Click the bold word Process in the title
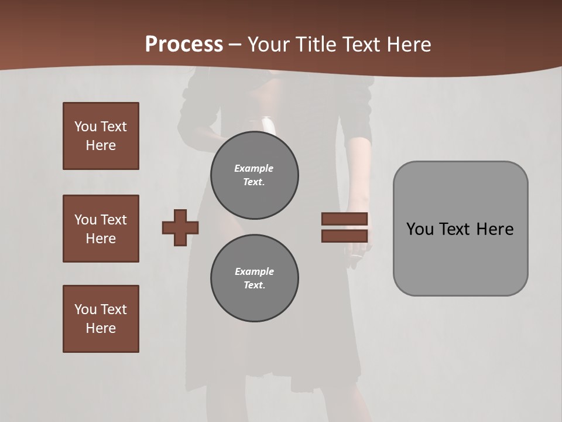click(184, 45)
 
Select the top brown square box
click(101, 136)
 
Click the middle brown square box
click(101, 229)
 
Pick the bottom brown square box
click(101, 319)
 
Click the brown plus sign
click(180, 227)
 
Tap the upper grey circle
click(254, 175)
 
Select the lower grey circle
click(254, 278)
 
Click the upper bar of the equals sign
click(344, 219)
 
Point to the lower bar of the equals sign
click(344, 236)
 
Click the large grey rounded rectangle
click(460, 258)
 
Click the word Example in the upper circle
click(253, 168)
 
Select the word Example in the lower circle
click(254, 271)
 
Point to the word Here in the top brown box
click(101, 145)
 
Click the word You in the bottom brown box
click(85, 309)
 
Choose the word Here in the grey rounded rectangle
click(495, 229)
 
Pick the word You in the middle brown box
click(85, 220)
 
